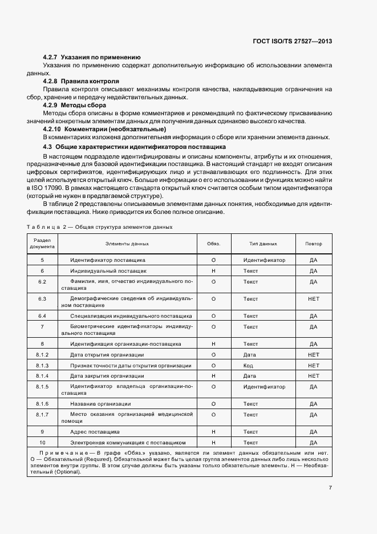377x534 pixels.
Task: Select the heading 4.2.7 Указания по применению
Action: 92,58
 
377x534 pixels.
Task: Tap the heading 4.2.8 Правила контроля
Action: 81,81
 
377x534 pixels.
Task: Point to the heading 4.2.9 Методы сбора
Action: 74,105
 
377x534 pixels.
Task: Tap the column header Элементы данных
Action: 127,244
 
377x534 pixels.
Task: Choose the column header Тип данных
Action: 263,244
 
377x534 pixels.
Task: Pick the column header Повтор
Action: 313,244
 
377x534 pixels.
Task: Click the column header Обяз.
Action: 213,244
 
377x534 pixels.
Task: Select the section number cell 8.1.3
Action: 42,365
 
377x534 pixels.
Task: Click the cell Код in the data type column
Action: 248,365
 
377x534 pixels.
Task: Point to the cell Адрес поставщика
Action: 95,432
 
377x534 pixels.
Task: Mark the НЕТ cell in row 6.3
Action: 313,298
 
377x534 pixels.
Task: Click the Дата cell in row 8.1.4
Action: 249,376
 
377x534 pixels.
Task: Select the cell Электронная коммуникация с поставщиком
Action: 128,443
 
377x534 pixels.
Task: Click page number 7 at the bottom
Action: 330,488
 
